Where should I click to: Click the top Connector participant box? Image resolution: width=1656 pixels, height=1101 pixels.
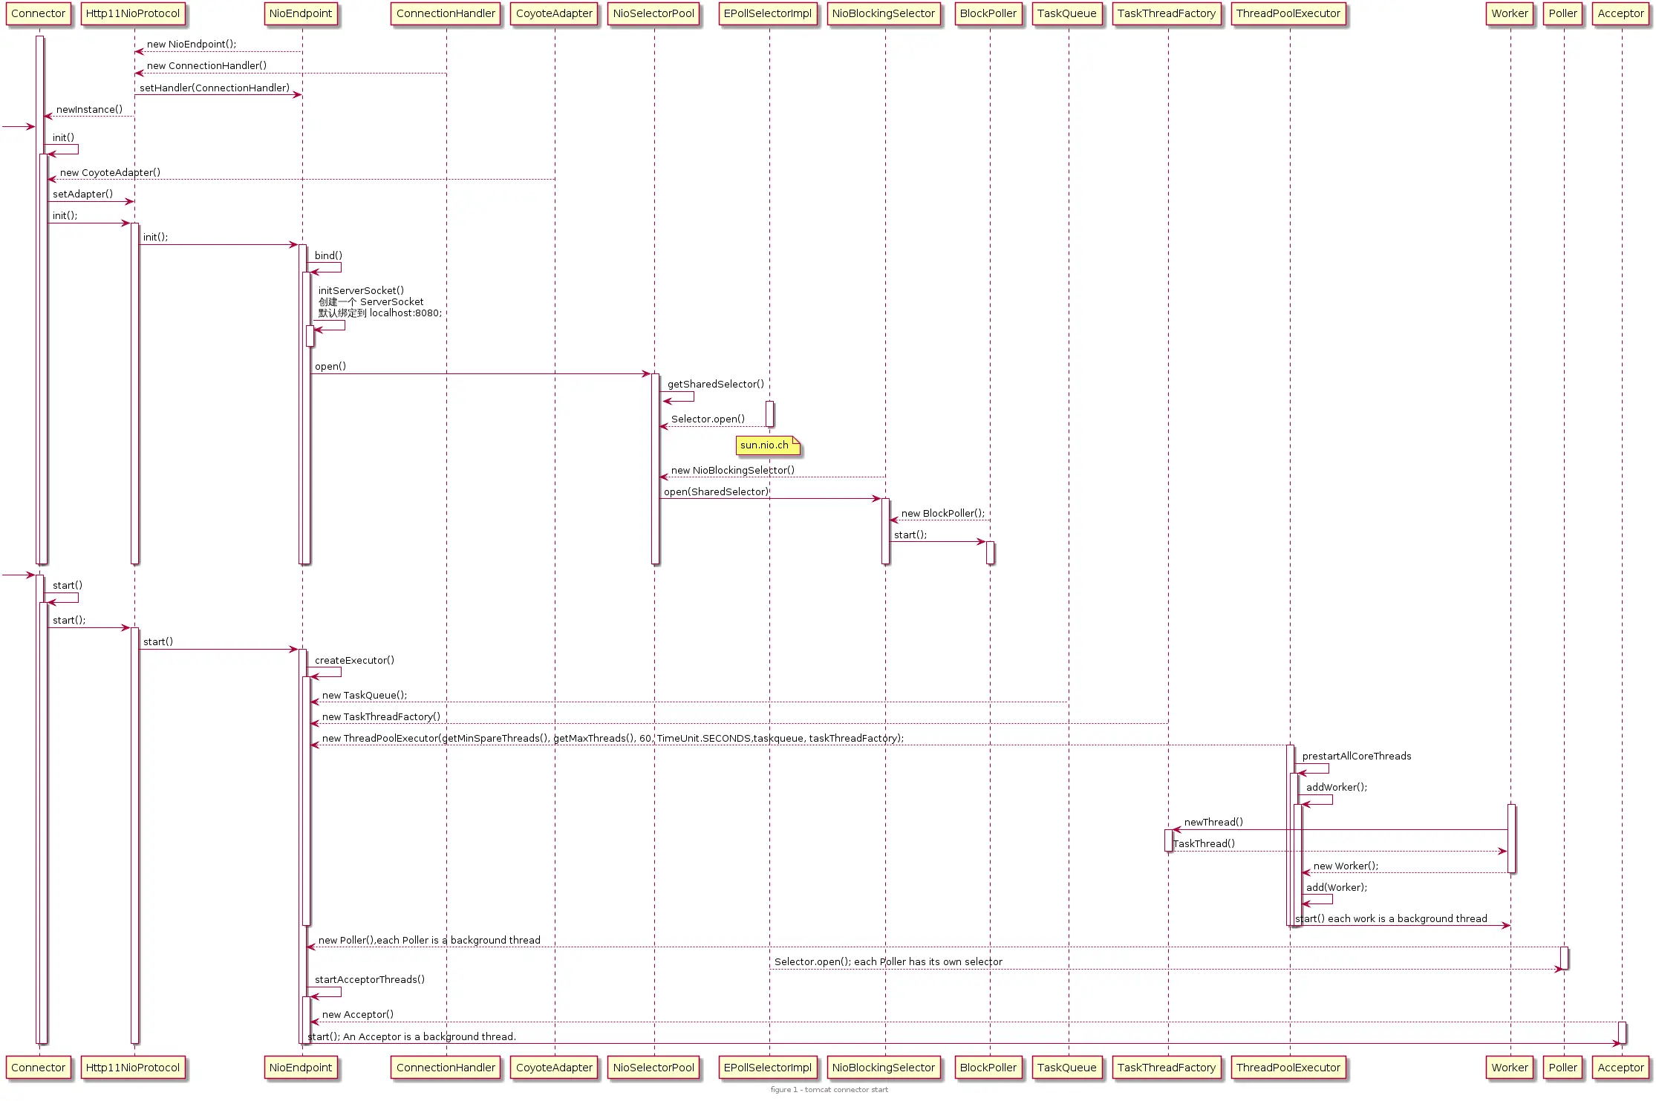click(x=39, y=14)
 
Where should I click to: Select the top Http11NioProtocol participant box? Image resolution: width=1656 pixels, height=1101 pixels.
click(x=133, y=14)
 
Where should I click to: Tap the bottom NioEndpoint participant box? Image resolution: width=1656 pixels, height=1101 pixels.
click(x=301, y=1068)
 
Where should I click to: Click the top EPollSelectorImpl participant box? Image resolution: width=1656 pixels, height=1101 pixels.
click(x=768, y=14)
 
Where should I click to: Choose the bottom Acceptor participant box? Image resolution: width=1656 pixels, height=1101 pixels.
click(x=1620, y=1068)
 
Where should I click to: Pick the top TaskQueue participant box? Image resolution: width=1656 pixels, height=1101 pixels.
click(x=1066, y=14)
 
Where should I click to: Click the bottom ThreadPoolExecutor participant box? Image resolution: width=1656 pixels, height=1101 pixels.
click(x=1288, y=1068)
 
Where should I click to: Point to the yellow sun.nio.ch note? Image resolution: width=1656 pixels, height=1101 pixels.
click(x=766, y=445)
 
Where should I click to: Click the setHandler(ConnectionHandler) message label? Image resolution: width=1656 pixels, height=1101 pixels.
click(x=215, y=88)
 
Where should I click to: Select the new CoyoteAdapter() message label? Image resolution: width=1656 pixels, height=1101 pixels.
click(x=110, y=172)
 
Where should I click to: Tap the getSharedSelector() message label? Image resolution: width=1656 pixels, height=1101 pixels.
click(x=715, y=384)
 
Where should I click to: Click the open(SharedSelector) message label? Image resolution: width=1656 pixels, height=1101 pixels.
click(x=716, y=491)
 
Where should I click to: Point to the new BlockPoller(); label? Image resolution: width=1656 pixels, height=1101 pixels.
click(x=942, y=513)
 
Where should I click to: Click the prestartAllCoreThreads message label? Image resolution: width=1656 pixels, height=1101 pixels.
click(x=1356, y=756)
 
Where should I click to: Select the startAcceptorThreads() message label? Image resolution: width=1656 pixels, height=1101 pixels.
click(x=369, y=979)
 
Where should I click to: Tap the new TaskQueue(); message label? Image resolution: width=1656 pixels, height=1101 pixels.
click(x=364, y=695)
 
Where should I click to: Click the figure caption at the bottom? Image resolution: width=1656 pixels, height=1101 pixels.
click(x=829, y=1090)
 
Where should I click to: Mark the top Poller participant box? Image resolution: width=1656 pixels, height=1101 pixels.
click(x=1562, y=14)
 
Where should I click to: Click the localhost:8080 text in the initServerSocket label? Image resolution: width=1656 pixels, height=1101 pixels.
click(x=405, y=313)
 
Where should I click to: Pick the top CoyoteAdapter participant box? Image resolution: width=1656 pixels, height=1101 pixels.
click(x=554, y=14)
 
